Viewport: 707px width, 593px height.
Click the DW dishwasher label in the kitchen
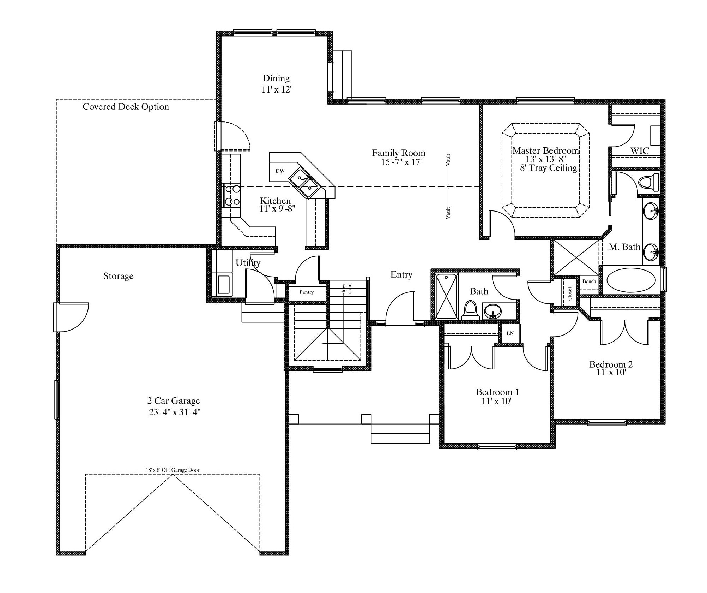coord(280,171)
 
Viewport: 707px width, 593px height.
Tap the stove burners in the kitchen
coord(231,195)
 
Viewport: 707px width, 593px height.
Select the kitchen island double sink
coord(306,182)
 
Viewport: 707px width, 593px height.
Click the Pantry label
coord(306,292)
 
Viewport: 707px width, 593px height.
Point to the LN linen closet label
coord(510,333)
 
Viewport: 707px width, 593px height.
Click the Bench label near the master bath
coord(589,281)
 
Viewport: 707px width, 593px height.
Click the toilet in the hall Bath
coord(470,310)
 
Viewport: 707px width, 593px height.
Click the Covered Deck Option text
coord(126,107)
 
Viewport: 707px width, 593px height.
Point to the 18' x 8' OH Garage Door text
coord(173,470)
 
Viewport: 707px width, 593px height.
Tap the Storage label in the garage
coord(119,276)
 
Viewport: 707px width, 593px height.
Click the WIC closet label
coord(640,151)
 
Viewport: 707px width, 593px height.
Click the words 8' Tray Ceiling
coord(549,168)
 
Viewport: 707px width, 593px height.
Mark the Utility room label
coord(248,263)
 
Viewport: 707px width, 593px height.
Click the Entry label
coord(401,274)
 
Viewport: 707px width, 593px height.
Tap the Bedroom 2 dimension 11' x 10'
coord(611,372)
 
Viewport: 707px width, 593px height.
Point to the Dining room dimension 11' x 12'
coord(276,90)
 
